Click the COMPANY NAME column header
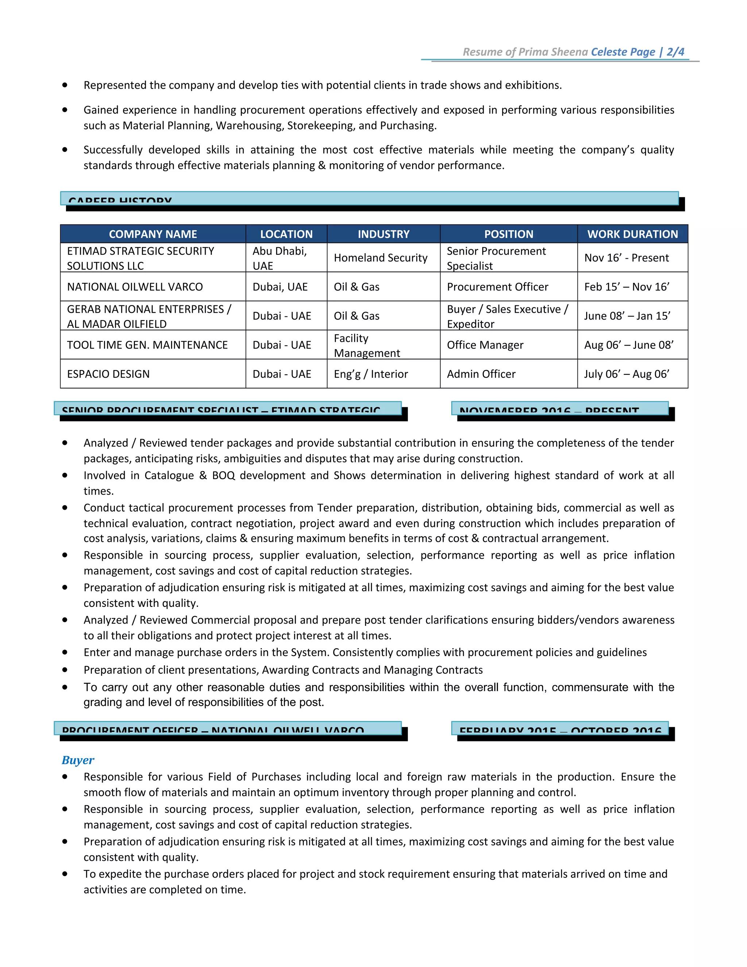pos(153,234)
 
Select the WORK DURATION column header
pos(632,234)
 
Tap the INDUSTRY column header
pos(383,234)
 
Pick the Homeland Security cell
pos(380,258)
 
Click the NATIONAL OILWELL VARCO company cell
pos(135,286)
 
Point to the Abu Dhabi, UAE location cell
pos(280,258)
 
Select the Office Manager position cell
pos(485,345)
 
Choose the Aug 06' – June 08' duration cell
pos(629,345)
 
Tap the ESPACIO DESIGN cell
pos(108,374)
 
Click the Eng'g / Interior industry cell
pos(371,374)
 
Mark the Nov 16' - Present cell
pos(627,258)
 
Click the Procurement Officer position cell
pos(498,286)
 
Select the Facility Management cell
pos(367,345)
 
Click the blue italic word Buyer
pos(78,760)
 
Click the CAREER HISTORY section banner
pos(369,199)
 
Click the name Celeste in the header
pos(608,52)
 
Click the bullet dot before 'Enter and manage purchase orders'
pos(65,652)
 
